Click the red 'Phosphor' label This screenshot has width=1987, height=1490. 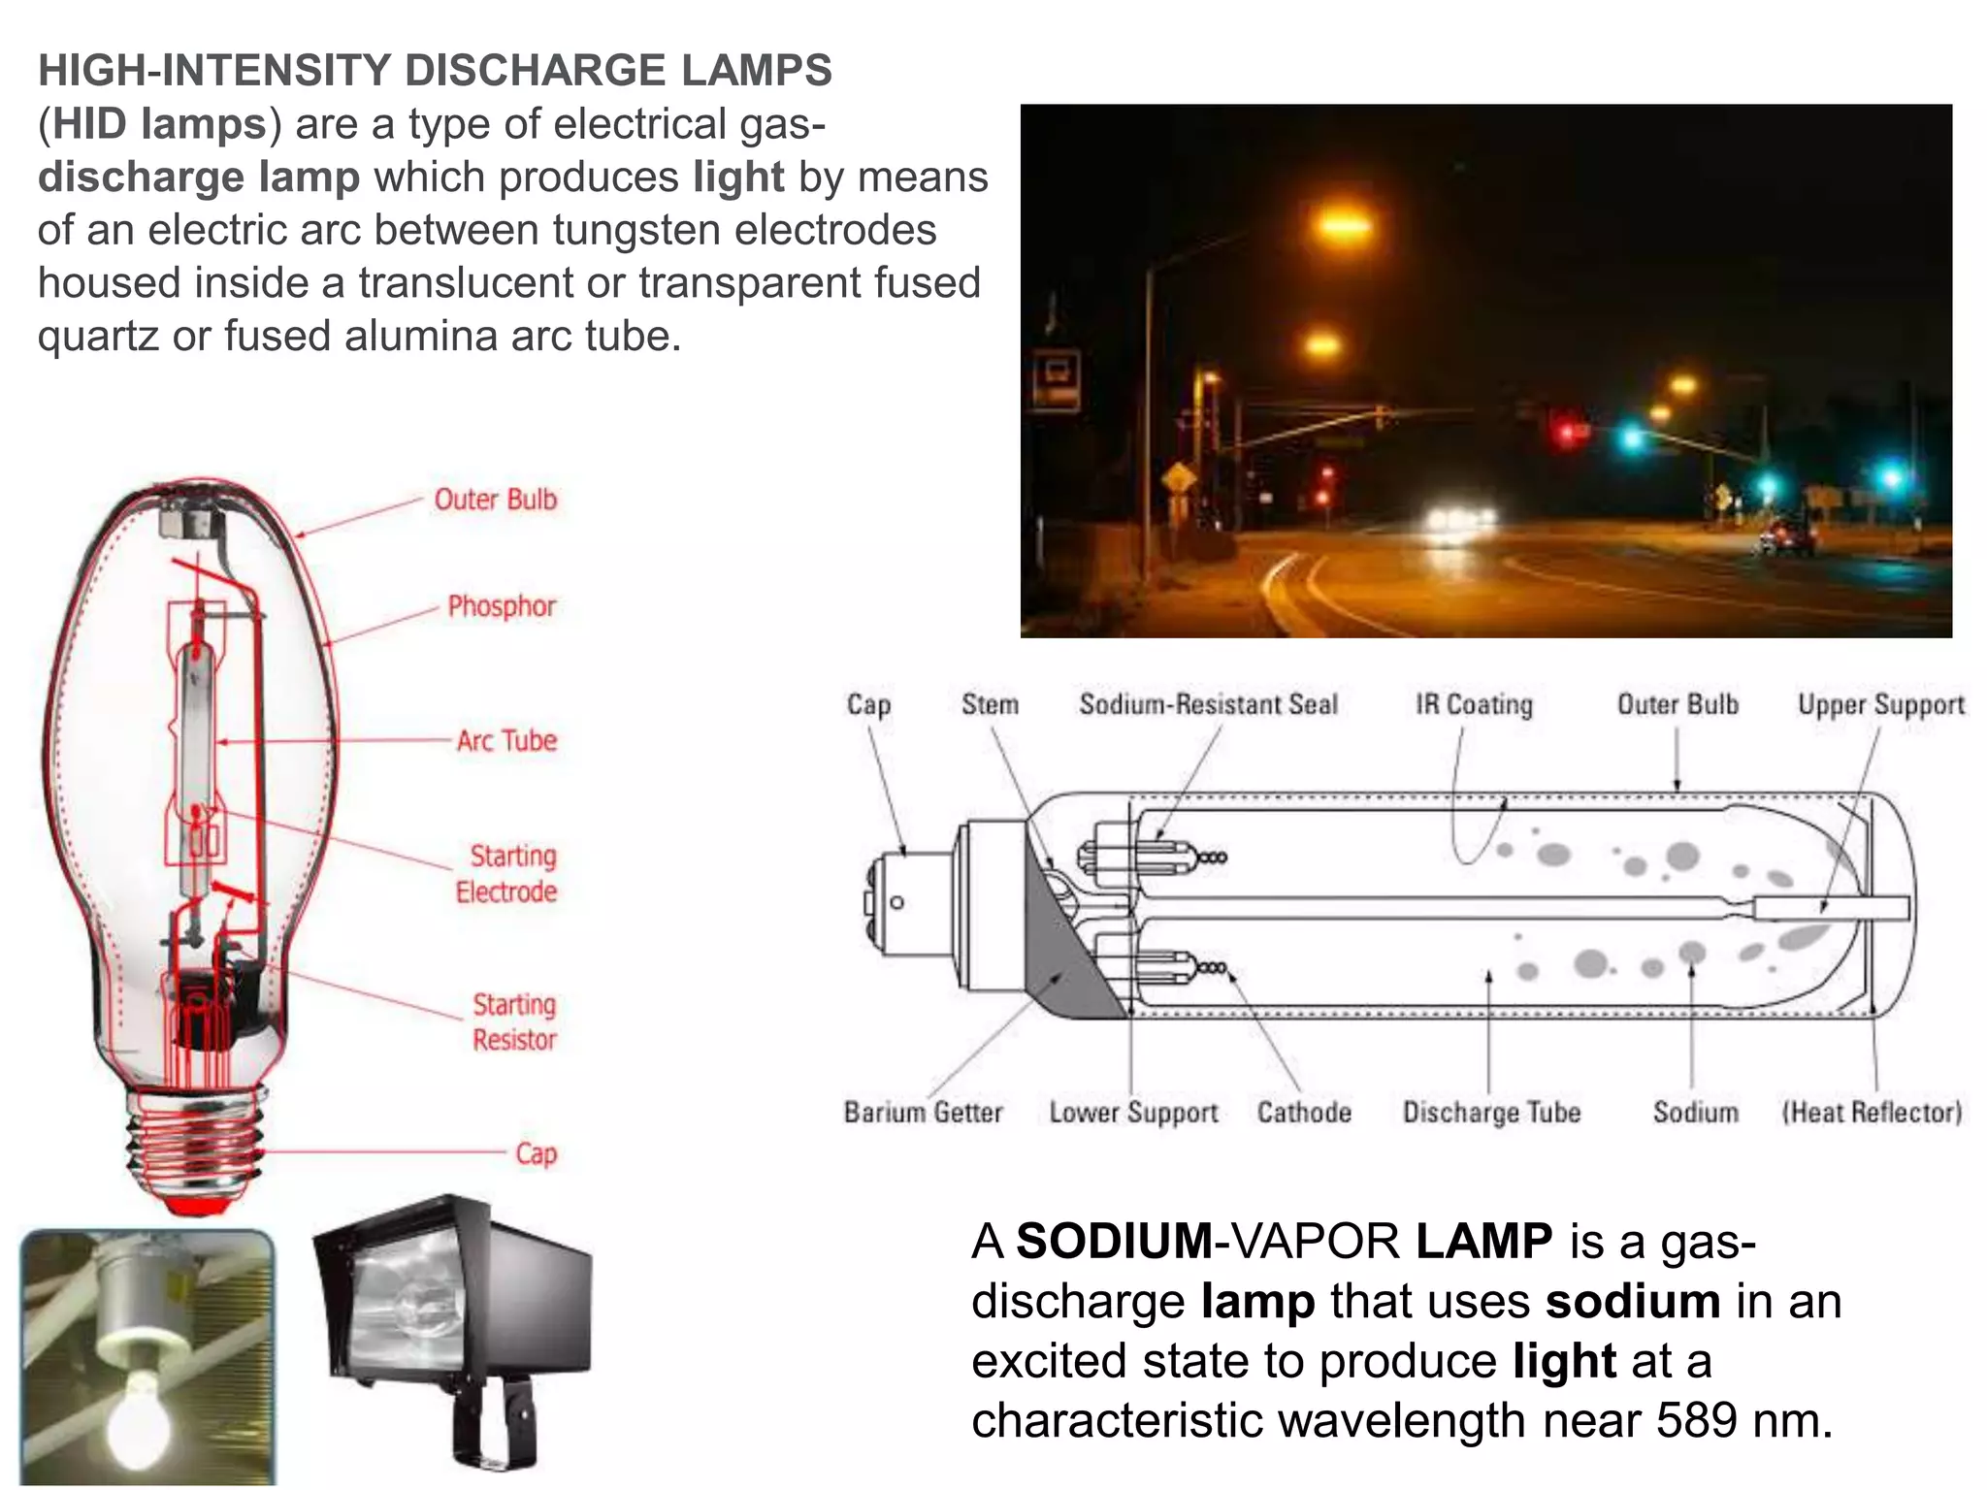coord(501,606)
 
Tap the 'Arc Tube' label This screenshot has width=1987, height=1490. coord(506,741)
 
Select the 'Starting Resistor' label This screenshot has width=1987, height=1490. coord(514,1021)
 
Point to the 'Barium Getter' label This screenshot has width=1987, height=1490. coord(923,1112)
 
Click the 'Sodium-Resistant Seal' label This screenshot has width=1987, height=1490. coord(1208,704)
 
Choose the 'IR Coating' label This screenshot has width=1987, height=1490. coord(1474,704)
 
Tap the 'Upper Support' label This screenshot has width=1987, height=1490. coord(1880,704)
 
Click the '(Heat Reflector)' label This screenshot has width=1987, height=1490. coord(1872,1112)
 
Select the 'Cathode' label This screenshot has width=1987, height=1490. coord(1304,1112)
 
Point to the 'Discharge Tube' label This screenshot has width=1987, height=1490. coord(1491,1112)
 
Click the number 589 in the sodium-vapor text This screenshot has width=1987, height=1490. coord(1696,1420)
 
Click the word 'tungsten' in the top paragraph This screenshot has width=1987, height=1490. coord(636,230)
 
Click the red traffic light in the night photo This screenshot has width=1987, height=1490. coord(1565,432)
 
